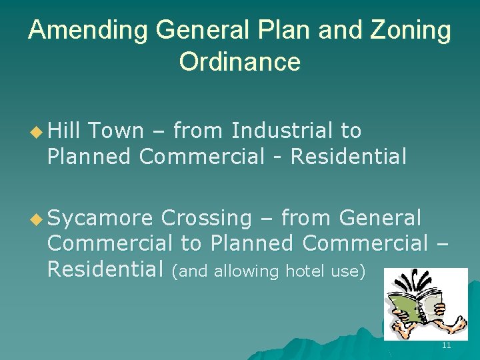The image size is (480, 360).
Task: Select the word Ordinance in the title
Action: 239,62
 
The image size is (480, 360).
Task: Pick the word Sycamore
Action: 100,219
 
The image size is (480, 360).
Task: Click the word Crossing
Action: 206,218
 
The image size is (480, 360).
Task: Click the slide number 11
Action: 446,345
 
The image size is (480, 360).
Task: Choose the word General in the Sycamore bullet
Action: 380,218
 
